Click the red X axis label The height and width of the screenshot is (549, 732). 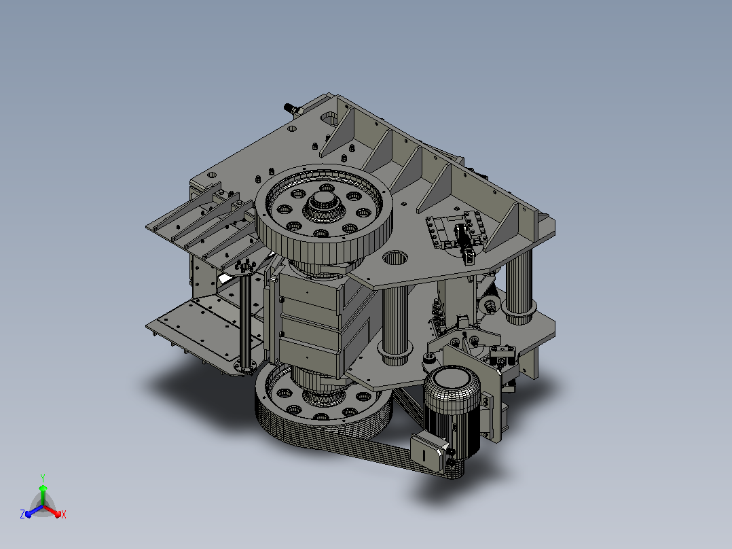64,514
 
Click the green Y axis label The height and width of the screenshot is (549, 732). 43,478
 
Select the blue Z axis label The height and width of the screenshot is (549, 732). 22,514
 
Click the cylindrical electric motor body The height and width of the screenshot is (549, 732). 452,406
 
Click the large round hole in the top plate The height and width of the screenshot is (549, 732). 395,258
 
